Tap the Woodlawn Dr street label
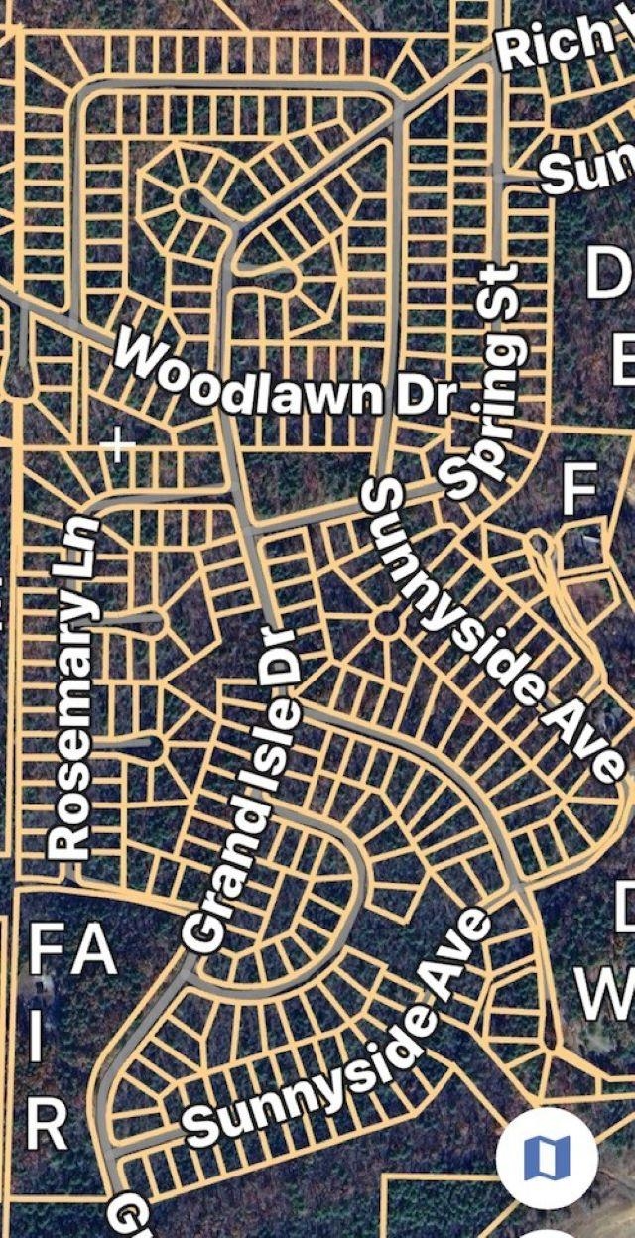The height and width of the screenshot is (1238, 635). point(288,379)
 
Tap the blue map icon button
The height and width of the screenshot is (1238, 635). point(547,1157)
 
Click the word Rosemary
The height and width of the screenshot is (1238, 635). point(74,724)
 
